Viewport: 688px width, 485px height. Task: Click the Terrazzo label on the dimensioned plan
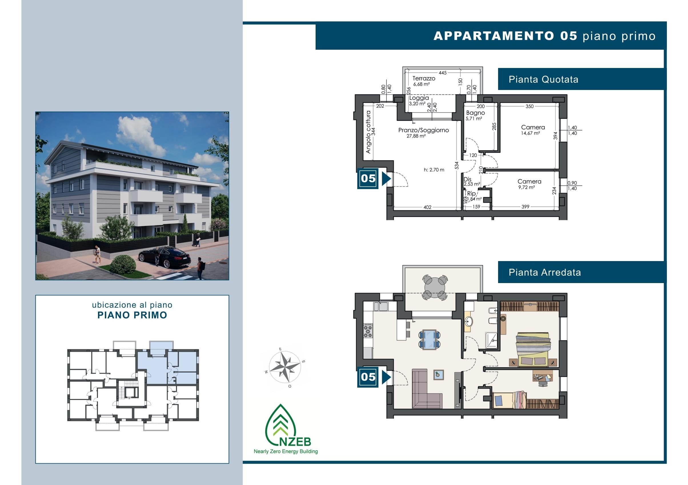tap(424, 78)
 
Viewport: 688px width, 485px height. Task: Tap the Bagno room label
tap(475, 113)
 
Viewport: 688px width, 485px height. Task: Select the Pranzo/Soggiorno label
tap(424, 130)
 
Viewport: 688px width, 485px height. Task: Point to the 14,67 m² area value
tap(530, 133)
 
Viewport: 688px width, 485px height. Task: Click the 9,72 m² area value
tap(526, 187)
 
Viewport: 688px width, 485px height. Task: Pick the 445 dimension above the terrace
tap(443, 73)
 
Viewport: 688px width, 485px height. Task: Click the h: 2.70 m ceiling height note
tap(434, 170)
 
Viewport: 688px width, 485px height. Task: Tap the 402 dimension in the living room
tap(427, 207)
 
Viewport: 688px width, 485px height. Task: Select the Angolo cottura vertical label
tap(368, 132)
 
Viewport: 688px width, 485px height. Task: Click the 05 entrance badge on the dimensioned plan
tap(368, 179)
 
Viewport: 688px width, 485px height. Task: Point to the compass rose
tap(285, 366)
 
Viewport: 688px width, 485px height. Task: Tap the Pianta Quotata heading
tap(543, 79)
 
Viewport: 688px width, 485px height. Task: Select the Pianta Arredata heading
tap(545, 272)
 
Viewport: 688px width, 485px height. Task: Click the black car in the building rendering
tap(165, 257)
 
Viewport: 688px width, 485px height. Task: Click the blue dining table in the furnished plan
tap(430, 339)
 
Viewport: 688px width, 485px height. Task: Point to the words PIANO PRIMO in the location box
tap(132, 315)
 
